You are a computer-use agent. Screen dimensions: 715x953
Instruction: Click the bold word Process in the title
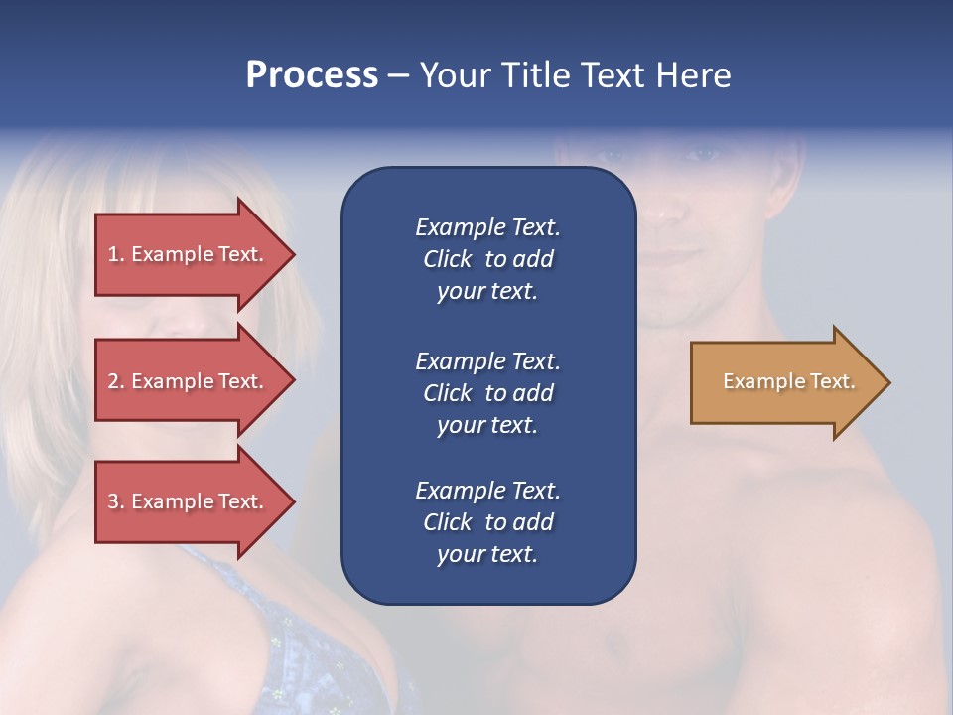coord(312,75)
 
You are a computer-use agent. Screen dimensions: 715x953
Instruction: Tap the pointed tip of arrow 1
coord(293,254)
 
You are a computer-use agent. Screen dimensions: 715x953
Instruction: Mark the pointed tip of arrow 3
coord(293,501)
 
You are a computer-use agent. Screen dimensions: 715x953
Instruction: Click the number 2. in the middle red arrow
coord(116,381)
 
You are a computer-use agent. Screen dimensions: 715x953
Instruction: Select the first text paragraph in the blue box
coord(487,259)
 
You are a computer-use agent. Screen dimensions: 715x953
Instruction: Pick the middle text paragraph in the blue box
coord(487,393)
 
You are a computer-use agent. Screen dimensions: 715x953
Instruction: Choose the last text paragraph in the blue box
coord(487,522)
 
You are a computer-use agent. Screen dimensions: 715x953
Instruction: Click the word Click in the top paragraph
coord(448,259)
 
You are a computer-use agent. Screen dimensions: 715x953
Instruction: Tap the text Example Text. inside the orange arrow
coord(788,382)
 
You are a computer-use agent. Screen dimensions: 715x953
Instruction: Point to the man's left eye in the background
coord(702,154)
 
